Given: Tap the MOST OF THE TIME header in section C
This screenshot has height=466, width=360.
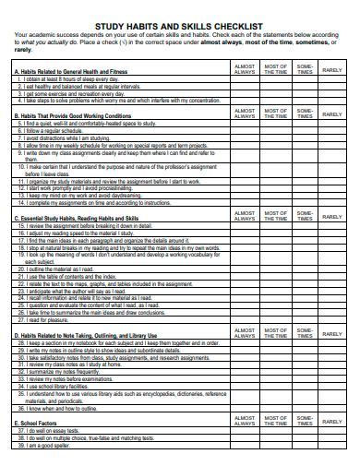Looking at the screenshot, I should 275,214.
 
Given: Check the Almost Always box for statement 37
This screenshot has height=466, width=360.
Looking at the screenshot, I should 246,430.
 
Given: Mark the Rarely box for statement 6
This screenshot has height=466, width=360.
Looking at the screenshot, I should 331,130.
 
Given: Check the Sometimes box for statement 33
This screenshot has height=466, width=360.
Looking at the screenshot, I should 304,378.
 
